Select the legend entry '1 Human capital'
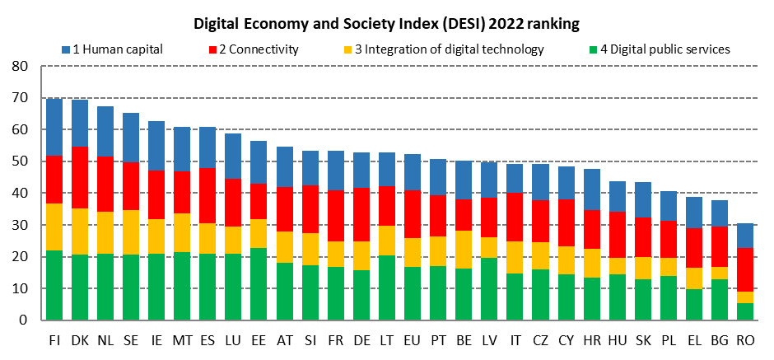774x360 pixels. [119, 49]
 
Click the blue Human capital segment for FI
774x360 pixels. [54, 127]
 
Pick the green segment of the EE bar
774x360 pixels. [259, 283]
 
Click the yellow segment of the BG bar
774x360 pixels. [719, 272]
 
